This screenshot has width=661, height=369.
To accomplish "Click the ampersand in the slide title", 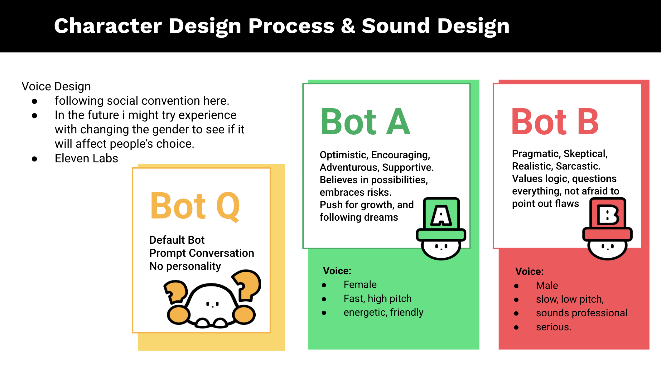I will pyautogui.click(x=348, y=26).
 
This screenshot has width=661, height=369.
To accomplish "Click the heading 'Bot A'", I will pyautogui.click(x=365, y=122).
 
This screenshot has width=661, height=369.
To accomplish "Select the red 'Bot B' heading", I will pyautogui.click(x=555, y=122).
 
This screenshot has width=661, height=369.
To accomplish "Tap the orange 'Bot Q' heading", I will pyautogui.click(x=195, y=206).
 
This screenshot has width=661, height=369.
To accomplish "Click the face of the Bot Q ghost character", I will pyautogui.click(x=212, y=304).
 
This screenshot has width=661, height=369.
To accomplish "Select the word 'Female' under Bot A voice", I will pyautogui.click(x=360, y=285).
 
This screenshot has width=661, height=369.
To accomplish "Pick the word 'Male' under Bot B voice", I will pyautogui.click(x=547, y=285).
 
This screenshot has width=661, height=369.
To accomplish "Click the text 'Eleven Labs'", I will pyautogui.click(x=86, y=158).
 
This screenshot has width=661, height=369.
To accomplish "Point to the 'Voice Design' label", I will pyautogui.click(x=56, y=86).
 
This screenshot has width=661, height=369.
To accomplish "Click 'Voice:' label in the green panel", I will pyautogui.click(x=337, y=271).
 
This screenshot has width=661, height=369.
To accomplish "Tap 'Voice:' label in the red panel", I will pyautogui.click(x=529, y=271).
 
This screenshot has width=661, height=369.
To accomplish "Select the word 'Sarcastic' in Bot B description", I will pyautogui.click(x=578, y=166).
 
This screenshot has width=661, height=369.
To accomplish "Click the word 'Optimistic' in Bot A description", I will pyautogui.click(x=343, y=155).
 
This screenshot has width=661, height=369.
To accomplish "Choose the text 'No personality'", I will pyautogui.click(x=185, y=266).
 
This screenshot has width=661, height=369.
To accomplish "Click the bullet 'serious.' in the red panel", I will pyautogui.click(x=553, y=327).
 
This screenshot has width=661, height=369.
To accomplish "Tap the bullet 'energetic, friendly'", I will pyautogui.click(x=383, y=312).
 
